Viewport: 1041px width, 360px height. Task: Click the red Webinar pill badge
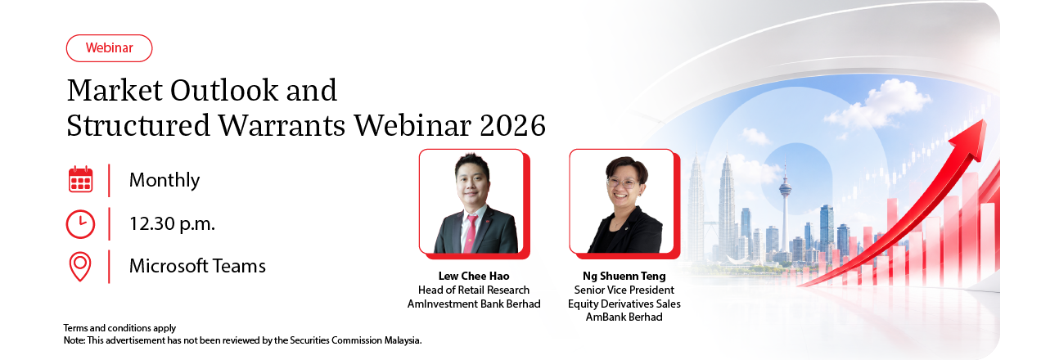coord(109,47)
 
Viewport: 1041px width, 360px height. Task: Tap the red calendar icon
coord(80,179)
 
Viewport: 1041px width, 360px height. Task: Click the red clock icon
coord(80,224)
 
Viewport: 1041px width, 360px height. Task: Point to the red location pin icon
coord(80,267)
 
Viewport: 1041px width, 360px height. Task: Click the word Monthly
coord(164,180)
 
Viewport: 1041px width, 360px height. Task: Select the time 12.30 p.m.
coord(172,224)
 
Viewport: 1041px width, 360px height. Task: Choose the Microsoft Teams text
coord(197,266)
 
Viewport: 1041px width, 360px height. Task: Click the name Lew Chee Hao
coord(474,276)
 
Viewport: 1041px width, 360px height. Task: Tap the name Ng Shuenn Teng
coord(624,276)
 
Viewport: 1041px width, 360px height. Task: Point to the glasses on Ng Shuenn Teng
coord(623,183)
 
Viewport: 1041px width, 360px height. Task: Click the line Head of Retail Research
coord(474,290)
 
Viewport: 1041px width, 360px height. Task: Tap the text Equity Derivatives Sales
coord(624,304)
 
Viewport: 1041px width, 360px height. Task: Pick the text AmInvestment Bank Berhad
coord(474,304)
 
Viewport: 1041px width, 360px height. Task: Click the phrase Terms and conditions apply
coord(119,328)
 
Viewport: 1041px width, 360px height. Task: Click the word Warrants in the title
coord(282,125)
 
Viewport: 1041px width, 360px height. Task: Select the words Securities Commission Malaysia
coord(355,340)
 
